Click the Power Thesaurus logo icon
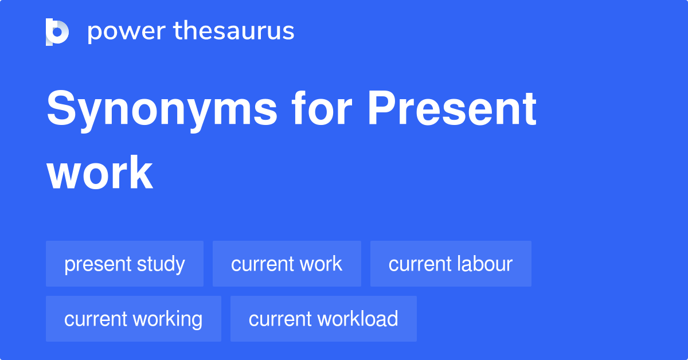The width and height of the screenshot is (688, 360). [x=57, y=32]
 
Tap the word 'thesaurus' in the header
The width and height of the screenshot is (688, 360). [x=234, y=32]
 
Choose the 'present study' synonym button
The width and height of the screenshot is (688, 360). [x=124, y=264]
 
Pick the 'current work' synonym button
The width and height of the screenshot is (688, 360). [x=287, y=264]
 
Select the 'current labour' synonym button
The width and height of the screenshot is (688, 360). [x=451, y=264]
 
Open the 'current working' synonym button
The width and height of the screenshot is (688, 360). [x=133, y=319]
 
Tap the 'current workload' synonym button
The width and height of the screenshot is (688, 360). [x=323, y=319]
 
